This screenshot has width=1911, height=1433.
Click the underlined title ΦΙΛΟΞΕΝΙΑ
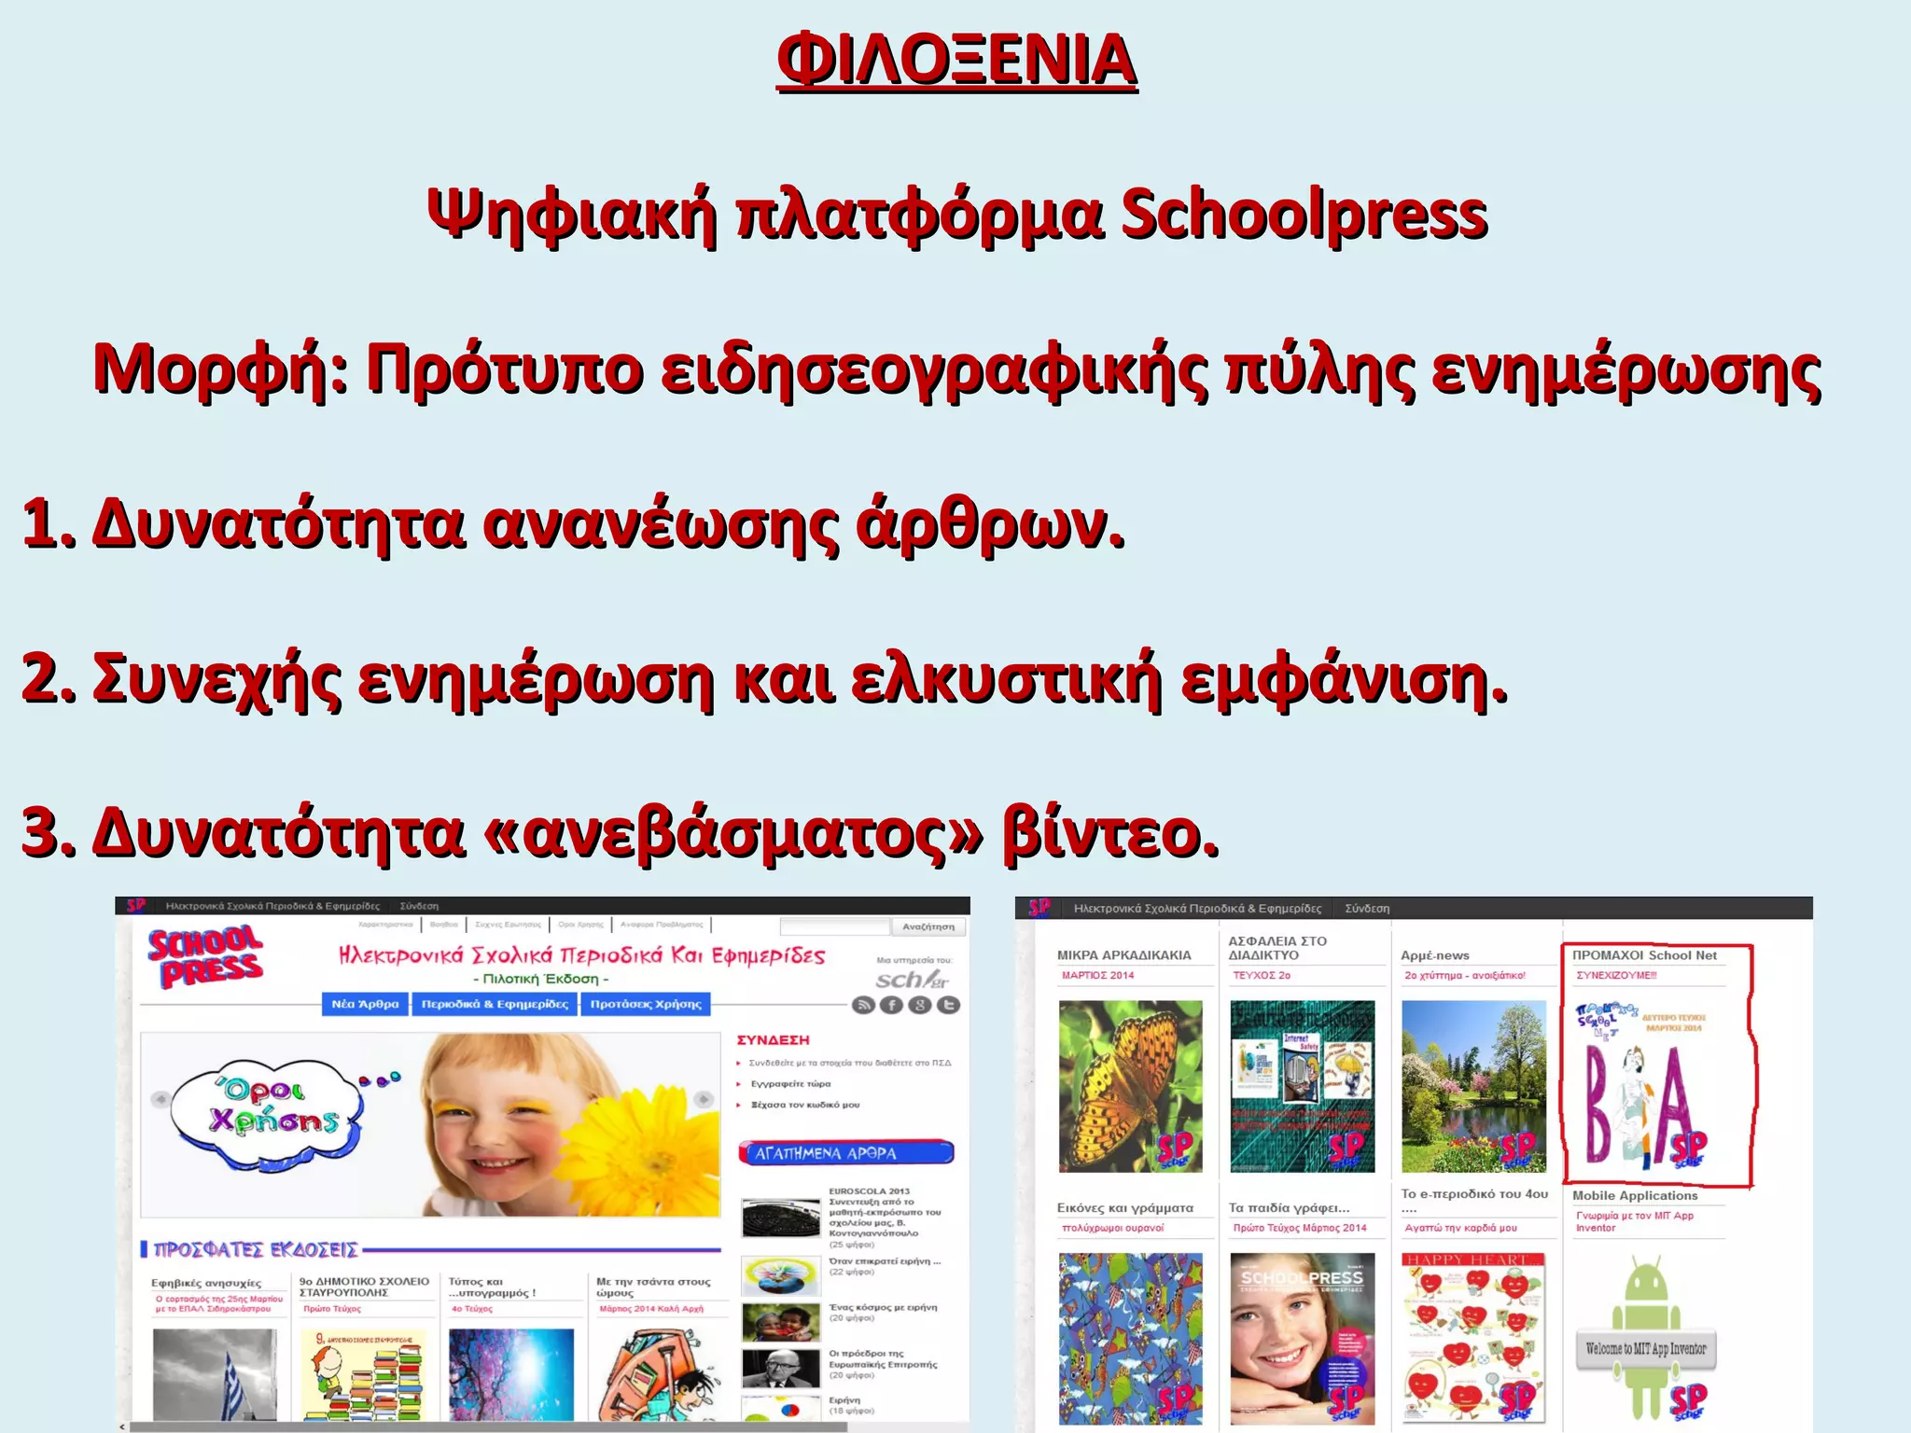(x=956, y=60)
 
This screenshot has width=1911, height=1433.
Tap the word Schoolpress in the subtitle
(x=1304, y=215)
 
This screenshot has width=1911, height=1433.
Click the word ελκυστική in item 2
(x=1006, y=678)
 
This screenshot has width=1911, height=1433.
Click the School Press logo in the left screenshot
(x=205, y=957)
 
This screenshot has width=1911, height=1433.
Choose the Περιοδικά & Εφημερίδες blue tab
(x=495, y=1004)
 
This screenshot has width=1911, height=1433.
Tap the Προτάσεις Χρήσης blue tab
(x=646, y=1004)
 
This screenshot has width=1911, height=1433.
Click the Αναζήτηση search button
(x=928, y=926)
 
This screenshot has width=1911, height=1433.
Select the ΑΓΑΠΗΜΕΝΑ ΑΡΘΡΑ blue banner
(x=845, y=1153)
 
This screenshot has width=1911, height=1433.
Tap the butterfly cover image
(x=1130, y=1086)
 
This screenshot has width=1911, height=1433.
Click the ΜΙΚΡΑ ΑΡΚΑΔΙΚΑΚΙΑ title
(x=1123, y=955)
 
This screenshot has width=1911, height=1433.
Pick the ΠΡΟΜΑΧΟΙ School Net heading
(x=1644, y=955)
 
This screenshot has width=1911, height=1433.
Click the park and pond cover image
(x=1473, y=1086)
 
